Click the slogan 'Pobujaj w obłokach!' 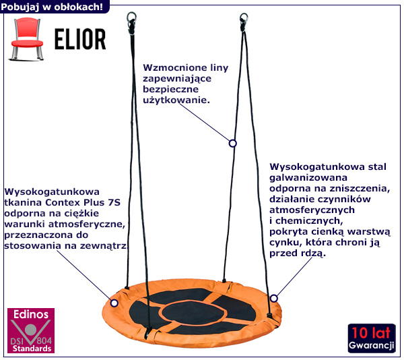point(53,7)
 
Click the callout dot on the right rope point(232,143)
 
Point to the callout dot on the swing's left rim point(114,303)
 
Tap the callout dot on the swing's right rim point(273,297)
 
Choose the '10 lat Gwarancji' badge point(372,339)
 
